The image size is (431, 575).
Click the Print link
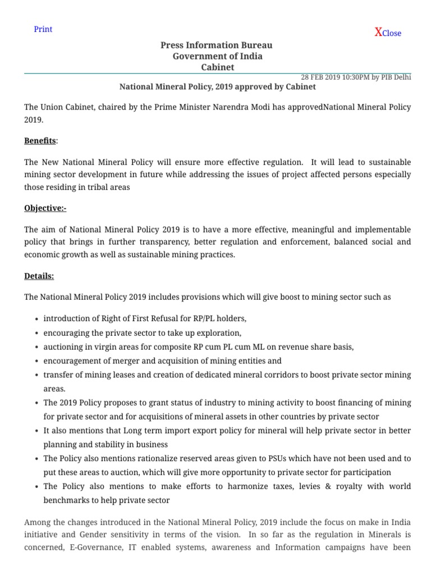tap(43, 29)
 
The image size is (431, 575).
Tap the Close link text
tap(392, 33)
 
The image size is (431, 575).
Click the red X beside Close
tap(378, 32)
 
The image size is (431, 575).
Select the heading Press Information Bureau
tap(217, 45)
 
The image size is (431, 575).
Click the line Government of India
tap(217, 56)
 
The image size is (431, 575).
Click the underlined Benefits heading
tap(40, 140)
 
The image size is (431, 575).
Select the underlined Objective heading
tap(45, 208)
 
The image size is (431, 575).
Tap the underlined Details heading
tap(39, 276)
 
